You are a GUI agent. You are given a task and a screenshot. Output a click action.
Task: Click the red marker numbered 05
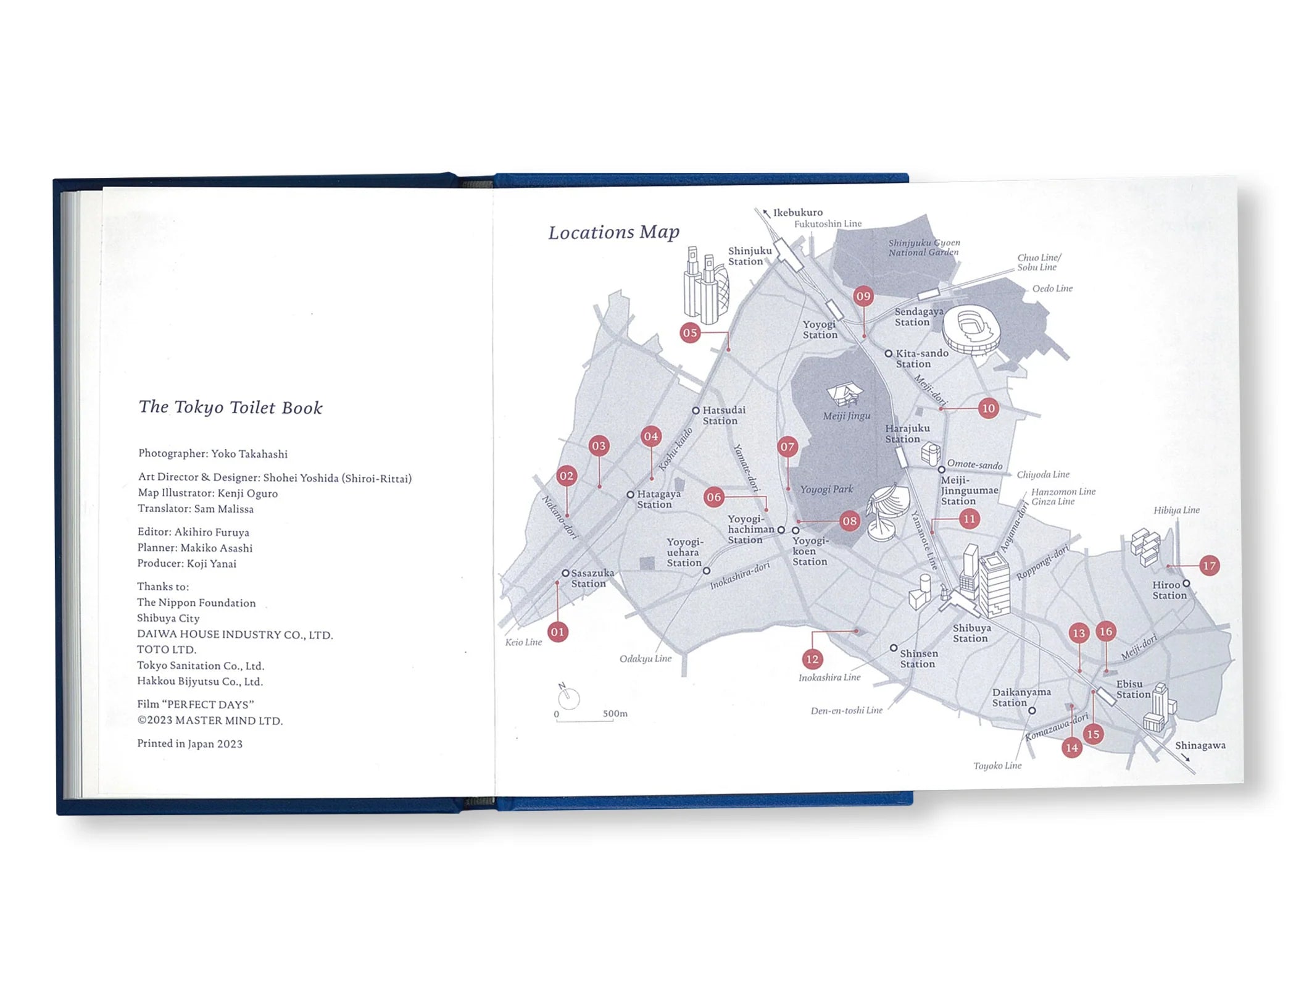[x=690, y=333]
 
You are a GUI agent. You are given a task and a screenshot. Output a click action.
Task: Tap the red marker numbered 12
[x=812, y=659]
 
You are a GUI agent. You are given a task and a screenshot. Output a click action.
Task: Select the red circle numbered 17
[x=1209, y=565]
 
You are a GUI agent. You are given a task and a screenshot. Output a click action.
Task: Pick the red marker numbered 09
[x=863, y=296]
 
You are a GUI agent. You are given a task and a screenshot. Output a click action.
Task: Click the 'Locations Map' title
[x=613, y=232]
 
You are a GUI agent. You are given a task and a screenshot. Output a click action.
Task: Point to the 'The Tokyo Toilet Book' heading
[x=230, y=407]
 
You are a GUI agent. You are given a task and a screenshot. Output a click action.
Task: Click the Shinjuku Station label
[x=749, y=256]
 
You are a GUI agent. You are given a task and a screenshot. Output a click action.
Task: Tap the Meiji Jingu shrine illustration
[x=844, y=394]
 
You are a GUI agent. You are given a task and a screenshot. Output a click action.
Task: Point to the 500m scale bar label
[x=615, y=713]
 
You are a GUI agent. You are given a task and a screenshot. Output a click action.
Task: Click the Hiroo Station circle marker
[x=1186, y=584]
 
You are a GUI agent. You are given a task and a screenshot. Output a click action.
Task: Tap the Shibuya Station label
[x=971, y=633]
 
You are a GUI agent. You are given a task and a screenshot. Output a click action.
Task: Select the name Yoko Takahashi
[x=249, y=454]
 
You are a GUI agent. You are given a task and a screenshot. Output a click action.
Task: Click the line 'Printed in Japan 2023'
[x=189, y=743]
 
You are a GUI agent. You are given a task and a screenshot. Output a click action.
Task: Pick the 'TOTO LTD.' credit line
[x=167, y=650]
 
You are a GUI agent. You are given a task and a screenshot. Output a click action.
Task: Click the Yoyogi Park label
[x=826, y=489]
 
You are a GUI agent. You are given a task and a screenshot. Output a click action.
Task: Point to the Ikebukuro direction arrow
[x=766, y=214]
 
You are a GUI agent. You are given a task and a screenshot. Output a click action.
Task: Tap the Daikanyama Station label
[x=1021, y=697]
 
